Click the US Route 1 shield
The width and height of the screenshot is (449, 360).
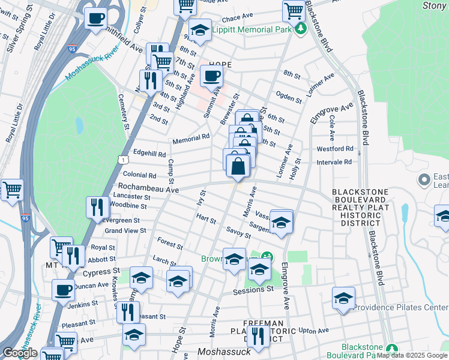point(122,160)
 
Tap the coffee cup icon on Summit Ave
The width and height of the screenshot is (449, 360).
point(211,76)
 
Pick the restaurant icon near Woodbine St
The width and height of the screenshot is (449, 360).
point(97,208)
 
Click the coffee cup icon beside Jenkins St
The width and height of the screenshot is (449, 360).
point(62,291)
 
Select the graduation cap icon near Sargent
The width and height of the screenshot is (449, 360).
point(281,222)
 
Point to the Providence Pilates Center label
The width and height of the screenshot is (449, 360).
point(400,308)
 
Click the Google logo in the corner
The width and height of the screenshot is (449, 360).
point(20,353)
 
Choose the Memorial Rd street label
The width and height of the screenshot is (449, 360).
point(191,139)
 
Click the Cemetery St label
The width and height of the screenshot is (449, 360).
point(124,110)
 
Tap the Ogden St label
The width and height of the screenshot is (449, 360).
point(289,94)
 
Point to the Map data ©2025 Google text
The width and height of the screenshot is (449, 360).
point(412,355)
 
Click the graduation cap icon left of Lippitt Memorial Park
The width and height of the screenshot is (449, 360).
point(199,30)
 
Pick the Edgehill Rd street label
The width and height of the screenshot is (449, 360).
point(149,153)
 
